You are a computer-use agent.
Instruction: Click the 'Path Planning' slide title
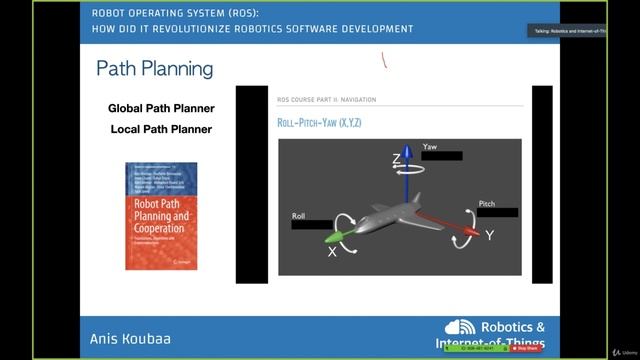[x=154, y=69]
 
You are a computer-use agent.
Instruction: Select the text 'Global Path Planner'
[x=161, y=108]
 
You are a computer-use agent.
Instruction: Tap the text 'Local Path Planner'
[x=161, y=129]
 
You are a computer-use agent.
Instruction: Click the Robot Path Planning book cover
[x=161, y=216]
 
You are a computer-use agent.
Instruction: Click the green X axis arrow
[x=336, y=237]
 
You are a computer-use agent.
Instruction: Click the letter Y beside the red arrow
[x=489, y=236]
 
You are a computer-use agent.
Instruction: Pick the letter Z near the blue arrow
[x=397, y=160]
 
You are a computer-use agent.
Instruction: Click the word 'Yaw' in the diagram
[x=430, y=147]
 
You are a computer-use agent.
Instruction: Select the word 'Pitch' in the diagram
[x=487, y=203]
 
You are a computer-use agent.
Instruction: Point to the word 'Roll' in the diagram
[x=298, y=216]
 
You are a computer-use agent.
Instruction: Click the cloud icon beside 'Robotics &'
[x=461, y=327]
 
